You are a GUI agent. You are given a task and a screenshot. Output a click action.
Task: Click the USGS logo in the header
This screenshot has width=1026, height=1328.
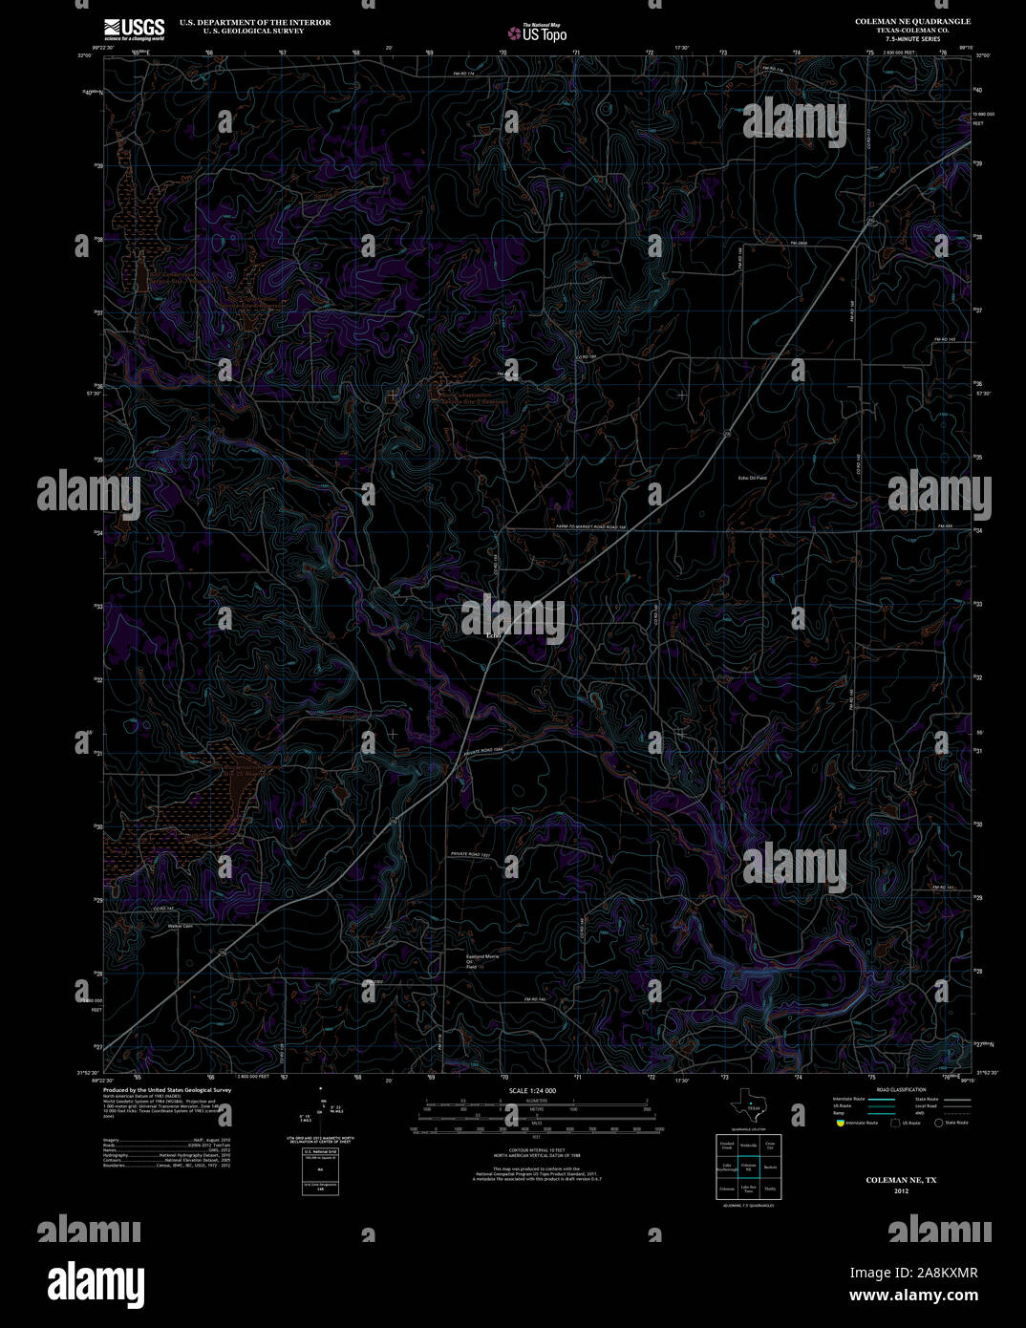tap(135, 27)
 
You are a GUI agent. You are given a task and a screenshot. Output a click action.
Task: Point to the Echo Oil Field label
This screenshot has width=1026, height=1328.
tap(753, 477)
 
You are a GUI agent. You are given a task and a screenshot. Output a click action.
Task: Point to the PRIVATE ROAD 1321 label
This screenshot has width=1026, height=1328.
tap(471, 854)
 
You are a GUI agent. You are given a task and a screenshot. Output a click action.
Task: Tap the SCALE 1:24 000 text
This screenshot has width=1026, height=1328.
tap(532, 1091)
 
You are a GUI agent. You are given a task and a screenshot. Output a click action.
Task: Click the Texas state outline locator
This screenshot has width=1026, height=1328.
tap(746, 1107)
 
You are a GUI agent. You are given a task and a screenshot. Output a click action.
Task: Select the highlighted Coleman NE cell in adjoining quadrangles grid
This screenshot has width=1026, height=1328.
tap(748, 1166)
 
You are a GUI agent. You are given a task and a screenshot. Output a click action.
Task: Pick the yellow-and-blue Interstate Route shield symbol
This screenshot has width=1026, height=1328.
tap(841, 1123)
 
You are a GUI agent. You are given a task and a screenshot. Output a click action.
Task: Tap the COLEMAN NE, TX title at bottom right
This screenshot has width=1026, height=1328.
tap(901, 1181)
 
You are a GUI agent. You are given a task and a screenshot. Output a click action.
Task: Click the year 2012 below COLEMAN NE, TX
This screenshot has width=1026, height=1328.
tap(901, 1191)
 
